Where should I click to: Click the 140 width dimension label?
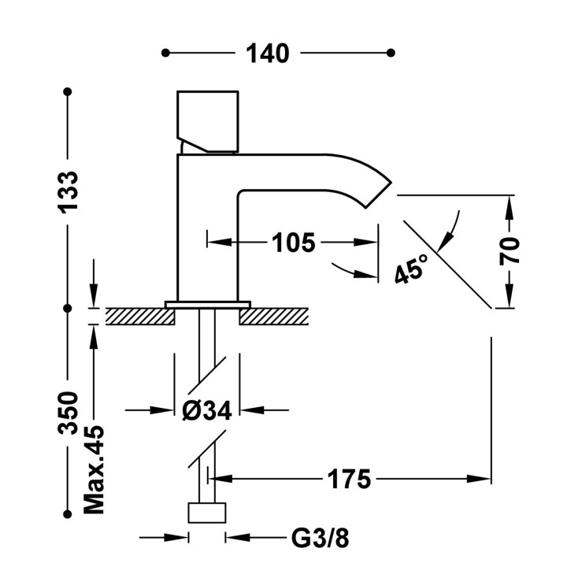[x=268, y=54]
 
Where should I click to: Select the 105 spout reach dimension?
[x=293, y=243]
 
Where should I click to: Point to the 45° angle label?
[x=410, y=269]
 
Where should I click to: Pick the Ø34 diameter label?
[x=206, y=410]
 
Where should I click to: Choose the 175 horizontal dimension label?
[x=350, y=478]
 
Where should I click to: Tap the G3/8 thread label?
[x=320, y=539]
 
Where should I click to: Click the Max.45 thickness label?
[x=94, y=470]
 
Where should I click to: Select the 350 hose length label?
[x=69, y=412]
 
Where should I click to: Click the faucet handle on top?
[x=208, y=120]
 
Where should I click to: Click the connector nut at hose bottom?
[x=207, y=512]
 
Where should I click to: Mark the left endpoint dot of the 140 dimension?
[x=165, y=54]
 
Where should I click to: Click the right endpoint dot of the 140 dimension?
[x=391, y=54]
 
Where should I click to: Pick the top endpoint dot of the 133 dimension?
[x=69, y=93]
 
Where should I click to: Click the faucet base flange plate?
[x=207, y=303]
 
